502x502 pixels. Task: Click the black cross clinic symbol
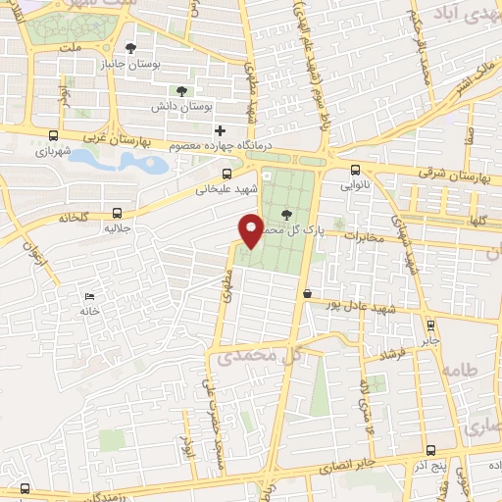coord(221,130)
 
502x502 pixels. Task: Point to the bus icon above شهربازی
coord(52,137)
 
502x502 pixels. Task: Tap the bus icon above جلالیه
coord(118,212)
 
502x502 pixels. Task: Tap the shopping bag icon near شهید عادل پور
coord(308,292)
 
